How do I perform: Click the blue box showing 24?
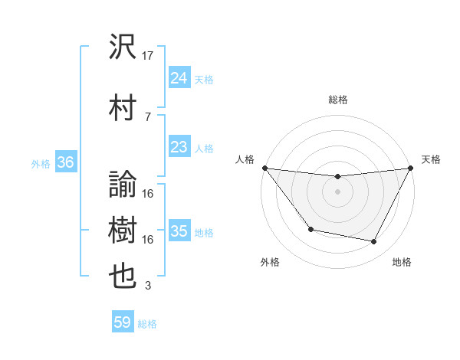[x=179, y=78]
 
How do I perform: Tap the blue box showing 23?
[x=179, y=147]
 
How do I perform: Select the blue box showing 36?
[x=66, y=162]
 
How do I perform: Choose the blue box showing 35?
[x=179, y=231]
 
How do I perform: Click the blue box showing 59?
[x=123, y=322]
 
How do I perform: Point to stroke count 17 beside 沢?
[x=149, y=55]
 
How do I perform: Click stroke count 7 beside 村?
[x=148, y=116]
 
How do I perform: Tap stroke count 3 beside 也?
[x=148, y=286]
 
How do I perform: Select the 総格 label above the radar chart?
[x=337, y=100]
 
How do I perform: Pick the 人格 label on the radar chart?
[x=245, y=159]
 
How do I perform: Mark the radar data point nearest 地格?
[x=374, y=242]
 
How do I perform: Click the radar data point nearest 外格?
[x=310, y=229]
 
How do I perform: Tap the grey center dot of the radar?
[x=337, y=191]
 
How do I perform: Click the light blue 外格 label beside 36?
[x=41, y=163]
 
